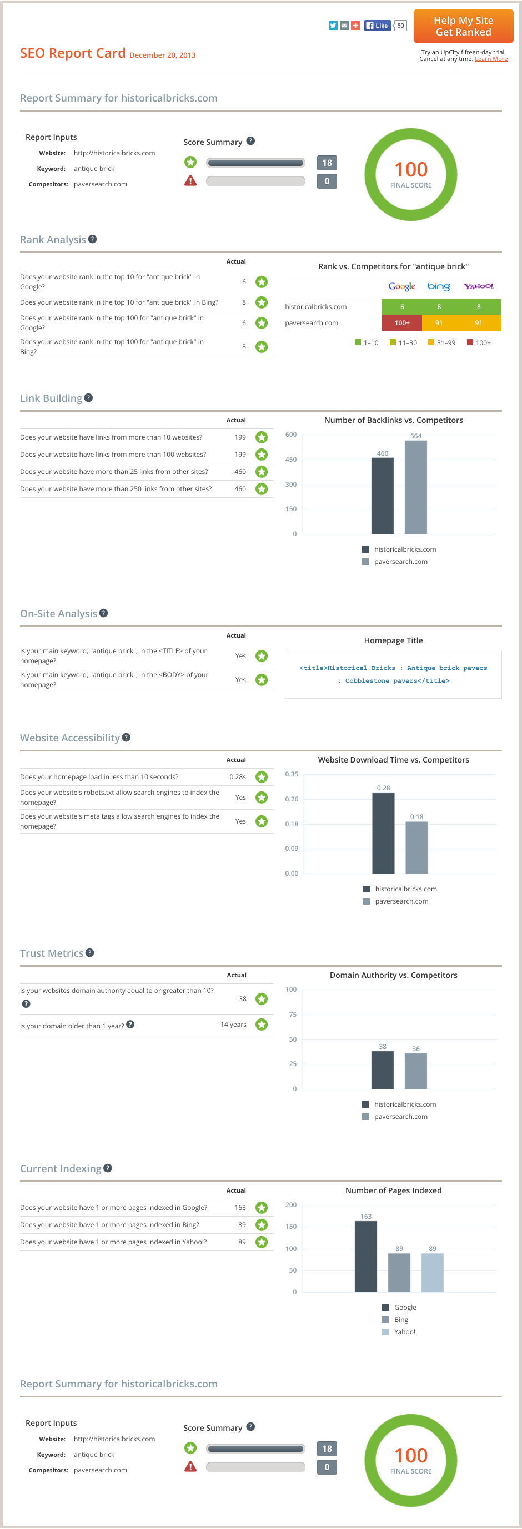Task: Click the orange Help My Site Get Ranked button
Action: coord(463,26)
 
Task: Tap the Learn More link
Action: coord(490,59)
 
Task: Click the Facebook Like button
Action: coord(377,26)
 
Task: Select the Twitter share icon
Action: coord(333,26)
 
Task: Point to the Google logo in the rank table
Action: coord(401,286)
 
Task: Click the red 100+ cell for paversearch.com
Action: coord(402,323)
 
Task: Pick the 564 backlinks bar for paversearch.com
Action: coord(416,487)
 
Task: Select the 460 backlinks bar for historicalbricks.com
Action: coord(383,496)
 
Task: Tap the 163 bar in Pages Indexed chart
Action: coord(366,1256)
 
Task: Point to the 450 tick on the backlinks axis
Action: coord(291,460)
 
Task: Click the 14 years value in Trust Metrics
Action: coord(233,1024)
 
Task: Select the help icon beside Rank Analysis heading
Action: coord(93,239)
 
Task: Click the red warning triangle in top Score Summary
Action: coord(190,181)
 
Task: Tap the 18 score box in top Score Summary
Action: coord(327,163)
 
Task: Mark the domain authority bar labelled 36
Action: coord(416,1071)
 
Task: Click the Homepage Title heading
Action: coord(393,640)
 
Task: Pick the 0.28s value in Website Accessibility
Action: coord(238,776)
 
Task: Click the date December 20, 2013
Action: coord(162,55)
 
